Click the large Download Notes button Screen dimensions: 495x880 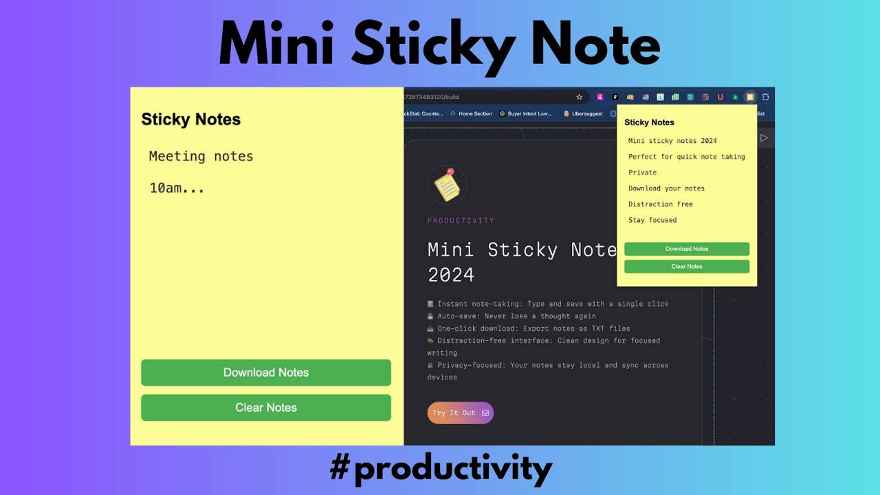coord(266,373)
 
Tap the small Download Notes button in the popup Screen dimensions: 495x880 coord(687,249)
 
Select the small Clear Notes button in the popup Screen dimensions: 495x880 coord(687,266)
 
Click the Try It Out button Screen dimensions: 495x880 coord(460,413)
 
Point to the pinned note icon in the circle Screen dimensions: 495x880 coord(447,185)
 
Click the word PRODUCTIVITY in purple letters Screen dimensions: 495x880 coord(461,221)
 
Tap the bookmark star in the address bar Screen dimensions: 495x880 coord(580,97)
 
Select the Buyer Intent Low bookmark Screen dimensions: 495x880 coord(526,113)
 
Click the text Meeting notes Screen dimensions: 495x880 coord(201,157)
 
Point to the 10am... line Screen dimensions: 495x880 coord(177,188)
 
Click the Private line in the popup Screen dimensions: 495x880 coord(642,173)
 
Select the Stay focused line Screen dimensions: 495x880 coord(652,220)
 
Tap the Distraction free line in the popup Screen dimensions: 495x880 coord(660,204)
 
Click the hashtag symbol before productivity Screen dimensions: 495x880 coord(340,469)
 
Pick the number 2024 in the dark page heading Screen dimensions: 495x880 coord(451,275)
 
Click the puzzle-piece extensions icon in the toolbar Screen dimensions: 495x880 coord(765,97)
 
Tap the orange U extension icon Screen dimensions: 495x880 coord(720,97)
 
